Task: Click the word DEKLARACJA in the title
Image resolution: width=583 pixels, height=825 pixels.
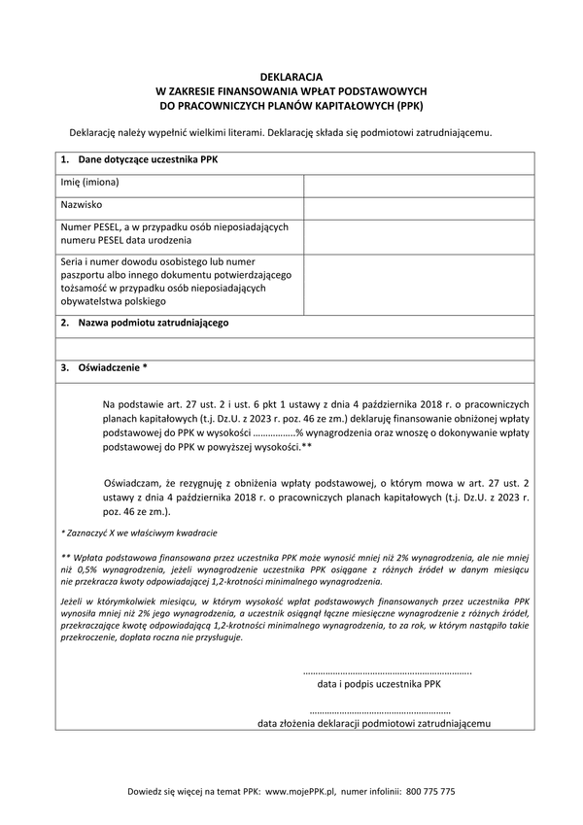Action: click(x=291, y=76)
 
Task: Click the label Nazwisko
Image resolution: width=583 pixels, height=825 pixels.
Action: click(x=83, y=206)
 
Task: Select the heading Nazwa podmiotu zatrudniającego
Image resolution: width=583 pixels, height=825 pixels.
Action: click(x=153, y=323)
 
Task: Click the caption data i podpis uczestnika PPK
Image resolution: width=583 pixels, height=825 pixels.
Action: click(x=380, y=684)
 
